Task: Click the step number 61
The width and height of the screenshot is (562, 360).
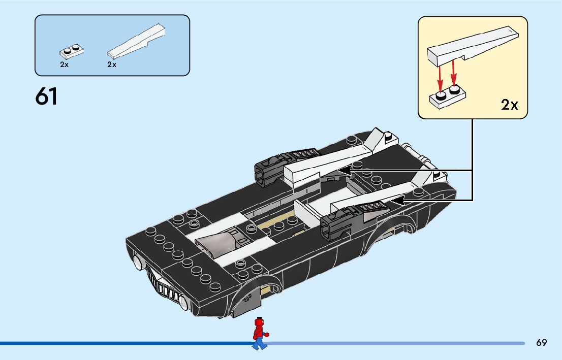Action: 46,97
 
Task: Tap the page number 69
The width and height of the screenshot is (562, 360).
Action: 541,343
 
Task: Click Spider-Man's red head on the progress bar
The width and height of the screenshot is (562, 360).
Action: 260,322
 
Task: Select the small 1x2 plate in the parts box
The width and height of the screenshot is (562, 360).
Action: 71,51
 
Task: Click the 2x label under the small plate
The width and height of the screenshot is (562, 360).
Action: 64,64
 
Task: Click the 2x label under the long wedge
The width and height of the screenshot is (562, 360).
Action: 112,64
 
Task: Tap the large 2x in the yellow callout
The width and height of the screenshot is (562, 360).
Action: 509,105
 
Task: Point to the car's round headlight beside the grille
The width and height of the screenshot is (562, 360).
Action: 138,263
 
